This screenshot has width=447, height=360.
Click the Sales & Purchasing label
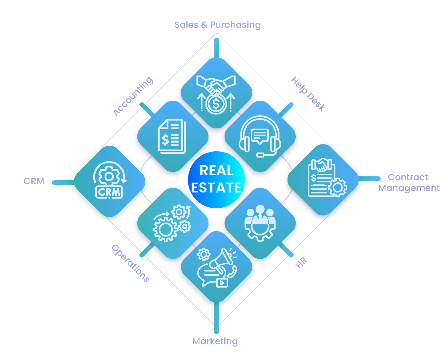pos(217,25)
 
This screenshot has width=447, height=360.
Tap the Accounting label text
pos(133,96)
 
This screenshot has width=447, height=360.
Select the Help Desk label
pos(308,94)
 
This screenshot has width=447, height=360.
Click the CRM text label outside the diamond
pos(34,181)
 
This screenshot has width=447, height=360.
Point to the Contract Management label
pos(409,182)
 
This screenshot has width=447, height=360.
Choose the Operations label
pos(131,263)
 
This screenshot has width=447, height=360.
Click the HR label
pos(301,263)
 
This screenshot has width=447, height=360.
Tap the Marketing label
pos(215,341)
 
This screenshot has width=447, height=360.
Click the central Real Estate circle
pos(217,179)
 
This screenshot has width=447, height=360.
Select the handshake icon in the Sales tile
pos(216,84)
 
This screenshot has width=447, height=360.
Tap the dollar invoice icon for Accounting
pos(172,136)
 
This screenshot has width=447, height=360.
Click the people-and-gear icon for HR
pos(260,223)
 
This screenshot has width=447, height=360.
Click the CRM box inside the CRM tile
pos(109,192)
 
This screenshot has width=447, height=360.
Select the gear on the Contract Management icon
pos(337,187)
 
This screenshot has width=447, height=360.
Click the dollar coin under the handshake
pos(216,104)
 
